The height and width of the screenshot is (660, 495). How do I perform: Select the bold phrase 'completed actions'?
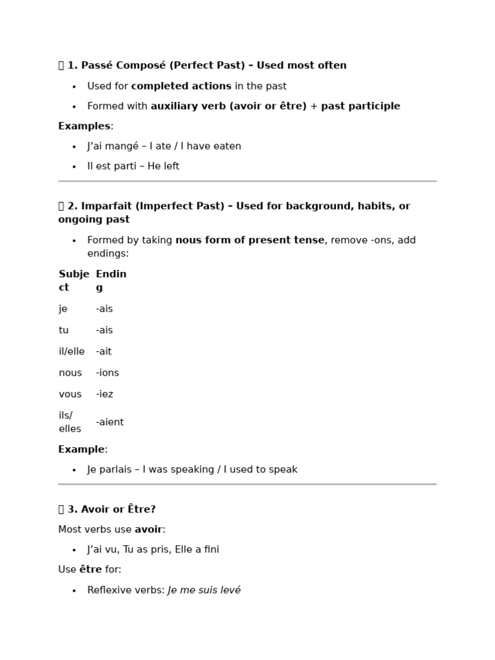(x=181, y=86)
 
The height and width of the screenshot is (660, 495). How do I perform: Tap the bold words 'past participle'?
(x=360, y=106)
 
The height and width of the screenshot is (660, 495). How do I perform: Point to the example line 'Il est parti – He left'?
(x=133, y=166)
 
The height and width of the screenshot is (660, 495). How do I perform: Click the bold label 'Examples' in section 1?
(x=84, y=126)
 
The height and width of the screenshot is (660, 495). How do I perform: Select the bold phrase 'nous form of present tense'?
(x=249, y=240)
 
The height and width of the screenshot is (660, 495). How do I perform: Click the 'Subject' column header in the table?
(x=73, y=281)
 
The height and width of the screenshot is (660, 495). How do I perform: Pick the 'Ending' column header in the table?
(x=111, y=281)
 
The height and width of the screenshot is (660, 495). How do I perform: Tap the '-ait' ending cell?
(x=104, y=352)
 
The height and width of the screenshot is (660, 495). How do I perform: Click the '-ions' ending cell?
(x=107, y=373)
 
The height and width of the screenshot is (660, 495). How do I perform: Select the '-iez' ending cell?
(x=104, y=394)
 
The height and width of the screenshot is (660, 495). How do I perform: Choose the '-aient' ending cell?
(x=110, y=422)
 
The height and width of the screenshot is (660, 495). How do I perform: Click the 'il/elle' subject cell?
(x=72, y=352)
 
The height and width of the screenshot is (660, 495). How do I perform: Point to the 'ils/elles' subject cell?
(x=70, y=422)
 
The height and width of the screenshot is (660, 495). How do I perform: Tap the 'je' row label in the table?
(x=63, y=309)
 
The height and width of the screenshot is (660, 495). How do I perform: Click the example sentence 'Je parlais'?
(x=112, y=470)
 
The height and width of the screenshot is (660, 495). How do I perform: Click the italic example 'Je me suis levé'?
(x=204, y=590)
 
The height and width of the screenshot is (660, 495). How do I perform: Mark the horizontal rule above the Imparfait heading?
(x=247, y=182)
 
